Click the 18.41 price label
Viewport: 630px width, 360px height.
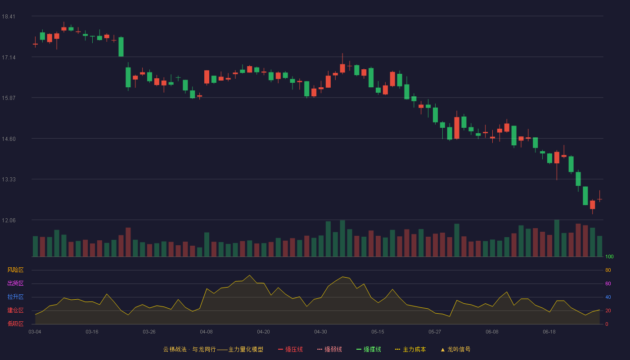pyautogui.click(x=9, y=17)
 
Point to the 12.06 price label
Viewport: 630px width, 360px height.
pyautogui.click(x=9, y=220)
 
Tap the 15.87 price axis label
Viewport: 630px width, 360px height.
pyautogui.click(x=9, y=98)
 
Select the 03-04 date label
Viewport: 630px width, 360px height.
pyautogui.click(x=35, y=332)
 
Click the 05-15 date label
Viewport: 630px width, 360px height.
pyautogui.click(x=378, y=332)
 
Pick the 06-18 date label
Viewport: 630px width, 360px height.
pyautogui.click(x=549, y=332)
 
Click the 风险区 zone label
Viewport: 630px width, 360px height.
pyautogui.click(x=15, y=270)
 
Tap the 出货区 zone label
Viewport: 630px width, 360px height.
pyautogui.click(x=15, y=283)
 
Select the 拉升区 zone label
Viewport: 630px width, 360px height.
pyautogui.click(x=15, y=297)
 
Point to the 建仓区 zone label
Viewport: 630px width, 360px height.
pyautogui.click(x=15, y=310)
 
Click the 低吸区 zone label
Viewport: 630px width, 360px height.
pyautogui.click(x=15, y=324)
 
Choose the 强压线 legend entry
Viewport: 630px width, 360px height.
pyautogui.click(x=290, y=349)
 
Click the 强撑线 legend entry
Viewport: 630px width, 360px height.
pyautogui.click(x=369, y=349)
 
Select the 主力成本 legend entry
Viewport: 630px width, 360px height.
pyautogui.click(x=410, y=349)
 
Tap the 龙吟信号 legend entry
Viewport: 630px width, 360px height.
pyautogui.click(x=455, y=349)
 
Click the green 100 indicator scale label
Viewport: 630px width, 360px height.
pyautogui.click(x=609, y=256)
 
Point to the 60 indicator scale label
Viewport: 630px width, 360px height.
pyautogui.click(x=608, y=283)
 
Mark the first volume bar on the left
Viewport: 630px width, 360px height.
pyautogui.click(x=35, y=247)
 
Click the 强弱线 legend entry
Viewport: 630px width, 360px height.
pyautogui.click(x=329, y=349)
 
